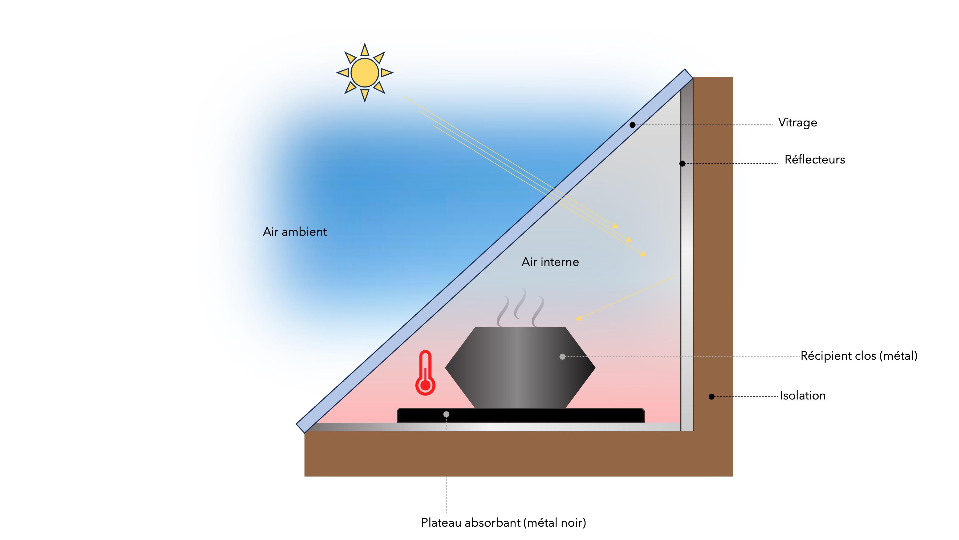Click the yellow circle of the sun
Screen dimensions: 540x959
364,73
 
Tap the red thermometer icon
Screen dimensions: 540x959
425,373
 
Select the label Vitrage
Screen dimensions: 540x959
797,123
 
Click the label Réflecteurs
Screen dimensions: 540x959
815,159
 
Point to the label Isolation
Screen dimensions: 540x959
803,395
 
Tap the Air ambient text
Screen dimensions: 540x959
295,232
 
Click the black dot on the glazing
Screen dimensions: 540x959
632,125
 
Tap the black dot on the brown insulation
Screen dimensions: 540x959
712,397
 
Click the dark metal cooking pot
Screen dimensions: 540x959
520,367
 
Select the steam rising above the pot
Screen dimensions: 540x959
521,307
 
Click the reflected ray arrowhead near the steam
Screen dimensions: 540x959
578,318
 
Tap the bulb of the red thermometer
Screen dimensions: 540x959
425,385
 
